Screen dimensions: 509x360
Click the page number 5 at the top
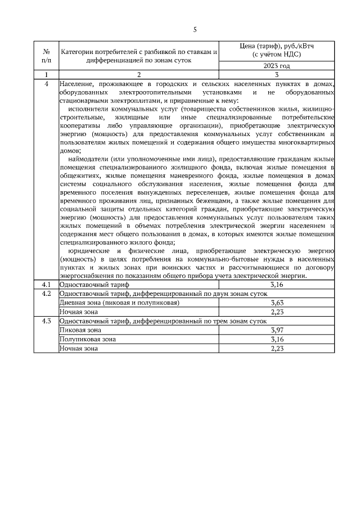tap(195, 30)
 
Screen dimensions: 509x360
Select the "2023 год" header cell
tap(277, 66)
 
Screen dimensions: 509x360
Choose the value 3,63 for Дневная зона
tap(277, 303)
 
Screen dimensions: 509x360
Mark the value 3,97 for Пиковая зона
tap(277, 330)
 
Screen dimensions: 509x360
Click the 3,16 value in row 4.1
tap(277, 285)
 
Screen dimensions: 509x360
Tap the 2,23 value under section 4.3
tap(277, 348)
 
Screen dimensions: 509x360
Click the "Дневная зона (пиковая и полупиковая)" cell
tap(120, 303)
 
